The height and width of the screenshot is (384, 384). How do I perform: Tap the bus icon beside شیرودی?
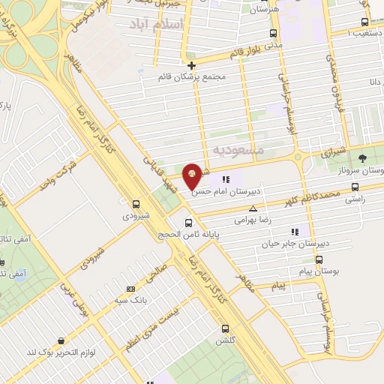(136, 203)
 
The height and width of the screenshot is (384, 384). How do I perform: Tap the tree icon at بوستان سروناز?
(363, 158)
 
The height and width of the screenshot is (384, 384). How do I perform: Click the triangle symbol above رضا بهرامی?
(253, 208)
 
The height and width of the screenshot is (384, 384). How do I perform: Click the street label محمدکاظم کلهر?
(310, 199)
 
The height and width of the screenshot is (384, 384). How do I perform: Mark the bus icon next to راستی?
(355, 187)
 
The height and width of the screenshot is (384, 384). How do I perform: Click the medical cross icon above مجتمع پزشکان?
(192, 64)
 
